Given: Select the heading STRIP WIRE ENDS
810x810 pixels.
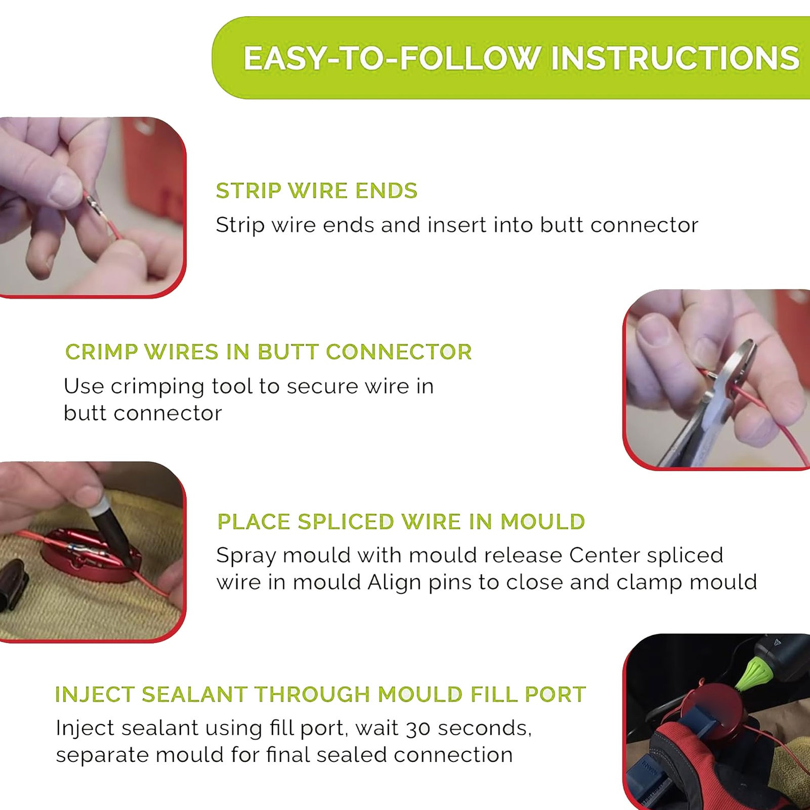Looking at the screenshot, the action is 316,191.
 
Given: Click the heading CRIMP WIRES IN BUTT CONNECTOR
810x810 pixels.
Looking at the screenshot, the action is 268,352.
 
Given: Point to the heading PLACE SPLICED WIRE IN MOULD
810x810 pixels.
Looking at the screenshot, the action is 401,521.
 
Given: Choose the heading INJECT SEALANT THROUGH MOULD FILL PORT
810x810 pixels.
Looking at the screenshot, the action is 320,694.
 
